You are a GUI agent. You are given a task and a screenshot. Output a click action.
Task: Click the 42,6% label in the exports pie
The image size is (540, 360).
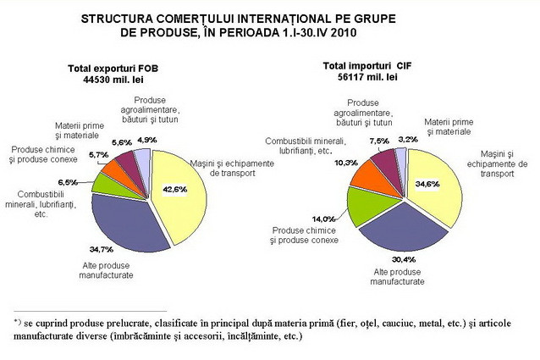(x=174, y=189)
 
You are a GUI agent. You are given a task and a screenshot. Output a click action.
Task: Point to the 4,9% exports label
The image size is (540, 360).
(x=146, y=140)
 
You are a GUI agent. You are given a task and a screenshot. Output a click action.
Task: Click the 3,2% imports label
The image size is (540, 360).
(x=407, y=139)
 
